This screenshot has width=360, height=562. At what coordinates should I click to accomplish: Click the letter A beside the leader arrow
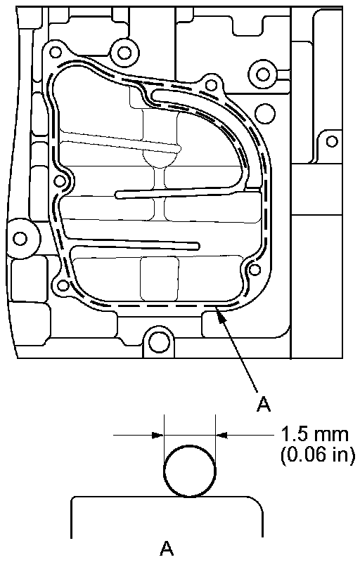point(264,404)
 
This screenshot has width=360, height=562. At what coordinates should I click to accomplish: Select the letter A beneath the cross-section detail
point(167,548)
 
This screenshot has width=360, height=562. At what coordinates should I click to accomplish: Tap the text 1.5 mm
point(314,434)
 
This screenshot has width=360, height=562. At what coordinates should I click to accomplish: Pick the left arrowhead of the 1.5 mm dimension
point(158,435)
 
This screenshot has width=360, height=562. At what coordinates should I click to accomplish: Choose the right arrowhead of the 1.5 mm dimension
point(221,435)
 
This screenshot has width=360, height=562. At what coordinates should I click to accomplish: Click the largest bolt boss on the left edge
point(21,238)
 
